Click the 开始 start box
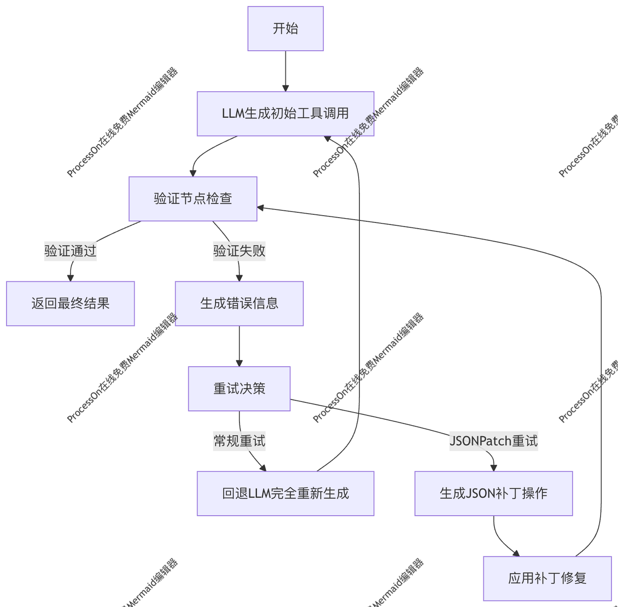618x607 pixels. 285,28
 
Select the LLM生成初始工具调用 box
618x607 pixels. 285,113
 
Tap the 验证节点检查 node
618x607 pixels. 193,199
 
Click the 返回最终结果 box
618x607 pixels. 70,303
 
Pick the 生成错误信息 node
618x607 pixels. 239,303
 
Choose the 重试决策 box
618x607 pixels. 239,388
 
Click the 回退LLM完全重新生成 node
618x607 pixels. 285,493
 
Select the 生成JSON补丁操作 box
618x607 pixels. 493,493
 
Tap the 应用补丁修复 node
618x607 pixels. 547,578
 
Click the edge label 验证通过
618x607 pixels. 70,251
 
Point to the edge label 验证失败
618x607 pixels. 239,251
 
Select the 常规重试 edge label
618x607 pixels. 239,441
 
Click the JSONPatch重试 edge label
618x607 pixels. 493,441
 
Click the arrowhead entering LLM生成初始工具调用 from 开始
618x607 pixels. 285,88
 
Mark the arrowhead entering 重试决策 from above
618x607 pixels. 239,363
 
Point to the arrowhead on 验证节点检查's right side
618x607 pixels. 261,208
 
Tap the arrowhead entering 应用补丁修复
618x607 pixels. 516,553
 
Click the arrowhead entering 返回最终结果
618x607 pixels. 70,278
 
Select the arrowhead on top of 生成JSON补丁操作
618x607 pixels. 493,468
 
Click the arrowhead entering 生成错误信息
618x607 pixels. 239,278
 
